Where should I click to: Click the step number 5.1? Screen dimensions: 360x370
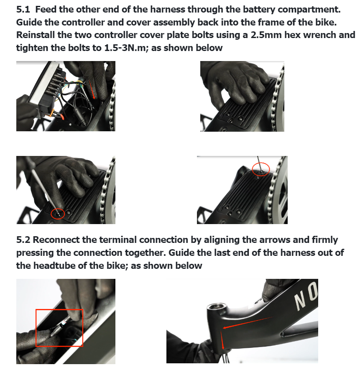[x=23, y=10]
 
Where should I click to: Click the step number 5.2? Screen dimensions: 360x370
[x=23, y=240]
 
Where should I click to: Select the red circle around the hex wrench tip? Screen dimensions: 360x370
[x=58, y=214]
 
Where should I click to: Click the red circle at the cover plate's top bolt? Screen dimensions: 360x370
[x=260, y=169]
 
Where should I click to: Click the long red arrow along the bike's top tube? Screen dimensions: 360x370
[x=247, y=323]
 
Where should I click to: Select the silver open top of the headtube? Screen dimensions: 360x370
[x=217, y=307]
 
